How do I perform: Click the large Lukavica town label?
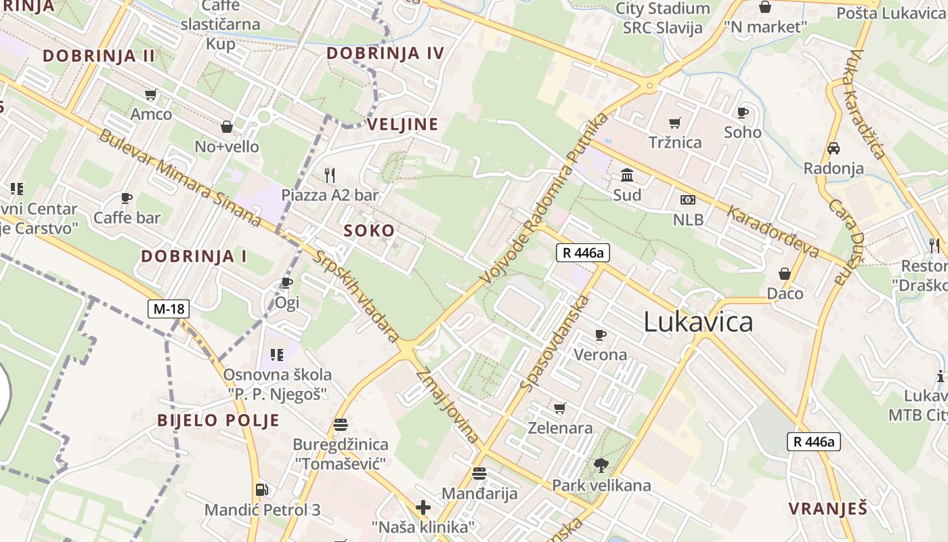[698, 321]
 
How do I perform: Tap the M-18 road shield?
[169, 309]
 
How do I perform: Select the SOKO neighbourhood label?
[369, 230]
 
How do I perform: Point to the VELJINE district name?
[402, 124]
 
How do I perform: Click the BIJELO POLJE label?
[218, 420]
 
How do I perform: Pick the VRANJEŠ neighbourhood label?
[827, 509]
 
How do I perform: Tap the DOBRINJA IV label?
[385, 53]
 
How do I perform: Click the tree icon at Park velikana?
[601, 465]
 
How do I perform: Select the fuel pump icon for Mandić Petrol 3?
[261, 489]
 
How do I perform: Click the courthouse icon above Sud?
[627, 175]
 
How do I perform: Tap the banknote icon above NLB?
[688, 200]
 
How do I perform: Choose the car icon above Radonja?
[834, 148]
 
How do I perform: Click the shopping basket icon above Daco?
[785, 274]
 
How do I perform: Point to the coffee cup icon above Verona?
[600, 335]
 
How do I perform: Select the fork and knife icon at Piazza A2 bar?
[330, 175]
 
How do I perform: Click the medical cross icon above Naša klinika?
[423, 507]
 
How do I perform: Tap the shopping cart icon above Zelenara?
[559, 408]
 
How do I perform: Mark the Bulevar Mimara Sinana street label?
[179, 178]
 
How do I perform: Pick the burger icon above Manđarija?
[479, 473]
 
